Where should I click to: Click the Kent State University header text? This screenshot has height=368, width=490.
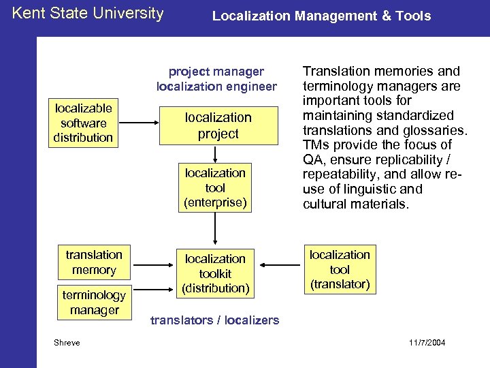[88, 13]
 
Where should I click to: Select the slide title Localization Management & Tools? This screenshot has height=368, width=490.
[321, 16]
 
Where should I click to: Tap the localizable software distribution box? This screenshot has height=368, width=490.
[84, 123]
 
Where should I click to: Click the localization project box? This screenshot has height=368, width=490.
[218, 125]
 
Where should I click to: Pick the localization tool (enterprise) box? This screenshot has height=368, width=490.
[215, 187]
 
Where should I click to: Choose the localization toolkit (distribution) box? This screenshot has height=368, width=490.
[215, 273]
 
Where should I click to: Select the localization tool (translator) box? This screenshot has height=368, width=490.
[340, 269]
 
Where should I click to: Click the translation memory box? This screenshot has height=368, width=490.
[94, 262]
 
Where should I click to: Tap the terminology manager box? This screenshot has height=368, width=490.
[94, 303]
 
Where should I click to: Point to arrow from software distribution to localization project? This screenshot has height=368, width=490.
[139, 123]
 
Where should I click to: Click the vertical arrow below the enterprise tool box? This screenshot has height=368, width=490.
[215, 228]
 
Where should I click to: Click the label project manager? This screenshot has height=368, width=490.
[216, 71]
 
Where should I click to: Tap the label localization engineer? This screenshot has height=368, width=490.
[216, 87]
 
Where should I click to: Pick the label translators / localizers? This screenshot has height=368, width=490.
[214, 320]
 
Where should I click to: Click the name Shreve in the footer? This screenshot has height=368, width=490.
[67, 342]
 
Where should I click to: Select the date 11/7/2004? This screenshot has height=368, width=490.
[428, 342]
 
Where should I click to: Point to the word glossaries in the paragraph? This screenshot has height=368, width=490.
[434, 130]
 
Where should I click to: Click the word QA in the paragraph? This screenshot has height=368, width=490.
[311, 159]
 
